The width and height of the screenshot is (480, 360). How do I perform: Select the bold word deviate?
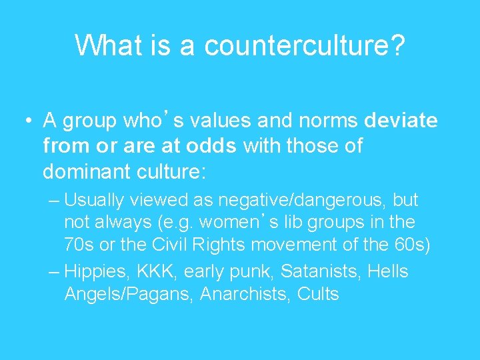(x=401, y=121)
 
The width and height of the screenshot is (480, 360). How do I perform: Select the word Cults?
(x=318, y=294)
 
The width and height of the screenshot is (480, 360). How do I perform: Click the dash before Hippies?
(x=54, y=272)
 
